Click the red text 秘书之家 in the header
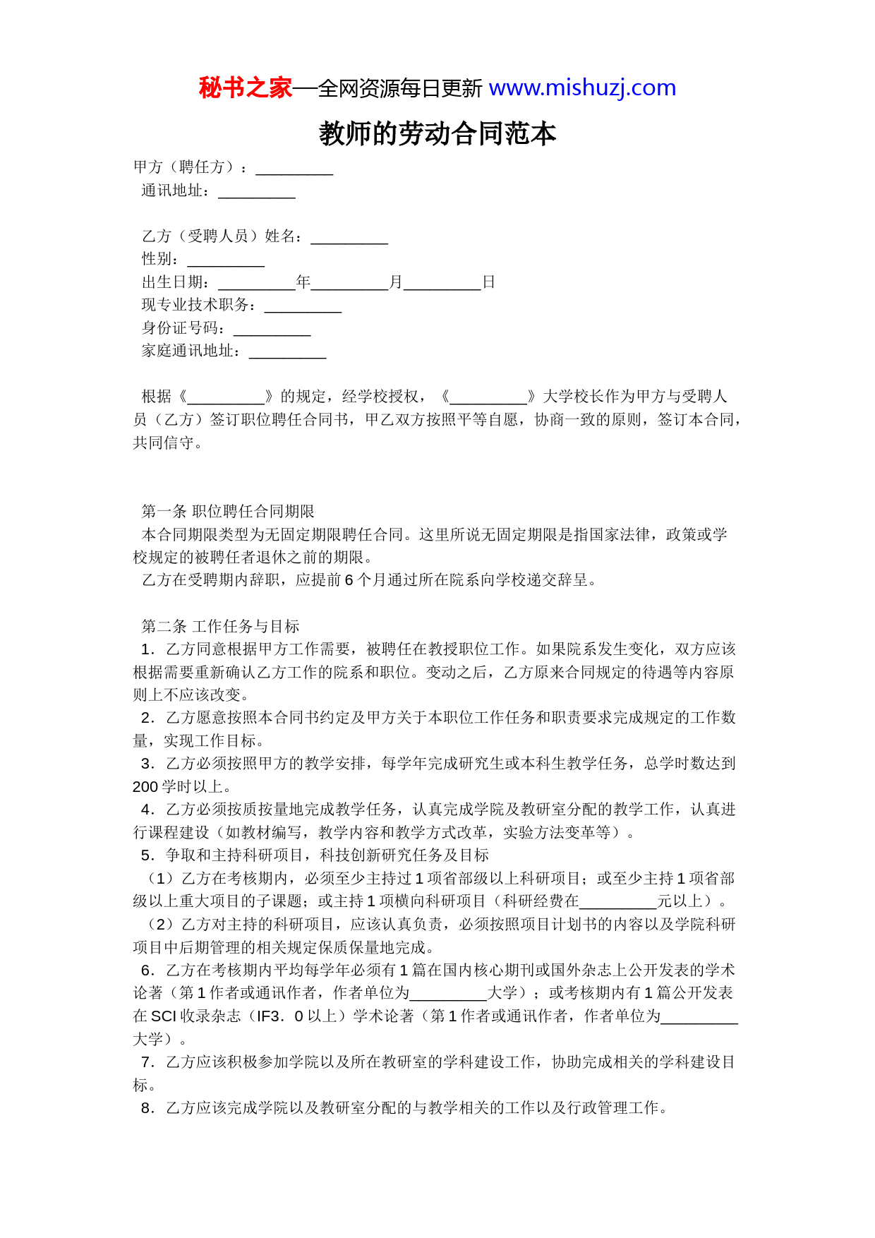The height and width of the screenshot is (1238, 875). click(x=246, y=88)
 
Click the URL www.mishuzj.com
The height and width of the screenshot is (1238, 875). click(x=582, y=88)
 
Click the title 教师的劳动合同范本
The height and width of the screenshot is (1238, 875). click(x=437, y=133)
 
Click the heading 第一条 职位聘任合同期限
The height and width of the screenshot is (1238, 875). click(x=228, y=512)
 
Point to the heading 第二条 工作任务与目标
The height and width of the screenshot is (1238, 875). click(x=220, y=626)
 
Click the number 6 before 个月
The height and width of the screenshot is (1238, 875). click(x=349, y=580)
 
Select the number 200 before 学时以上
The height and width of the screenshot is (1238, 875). click(x=145, y=787)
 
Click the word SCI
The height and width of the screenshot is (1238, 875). click(x=164, y=1016)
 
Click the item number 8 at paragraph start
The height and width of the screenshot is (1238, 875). click(x=147, y=1108)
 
